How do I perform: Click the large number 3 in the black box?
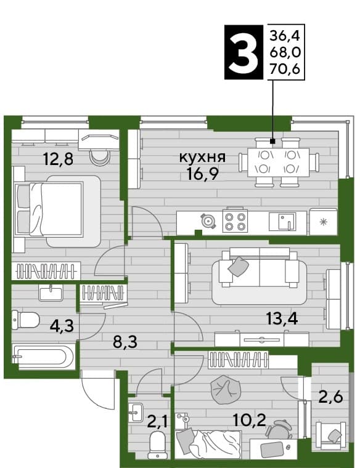coord(243,52)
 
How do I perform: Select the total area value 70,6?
coord(285,69)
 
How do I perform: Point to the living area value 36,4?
coord(285,36)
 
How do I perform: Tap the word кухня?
coord(202,157)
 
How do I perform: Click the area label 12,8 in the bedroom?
coord(59,159)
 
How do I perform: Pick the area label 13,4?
coord(282,319)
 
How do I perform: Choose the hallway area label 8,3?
coord(125,342)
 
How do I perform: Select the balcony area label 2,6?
coord(330,398)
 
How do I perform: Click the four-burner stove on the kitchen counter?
coord(235,222)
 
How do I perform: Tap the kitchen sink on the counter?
coord(282,222)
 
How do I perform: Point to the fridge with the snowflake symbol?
coord(323,222)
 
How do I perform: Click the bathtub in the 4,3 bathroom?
coord(43,357)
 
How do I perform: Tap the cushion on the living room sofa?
coord(239,266)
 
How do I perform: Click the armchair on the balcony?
coord(331,435)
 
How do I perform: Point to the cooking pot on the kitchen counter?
coord(208,221)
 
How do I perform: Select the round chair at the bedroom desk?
coord(100,158)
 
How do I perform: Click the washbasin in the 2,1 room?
coord(137,412)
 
